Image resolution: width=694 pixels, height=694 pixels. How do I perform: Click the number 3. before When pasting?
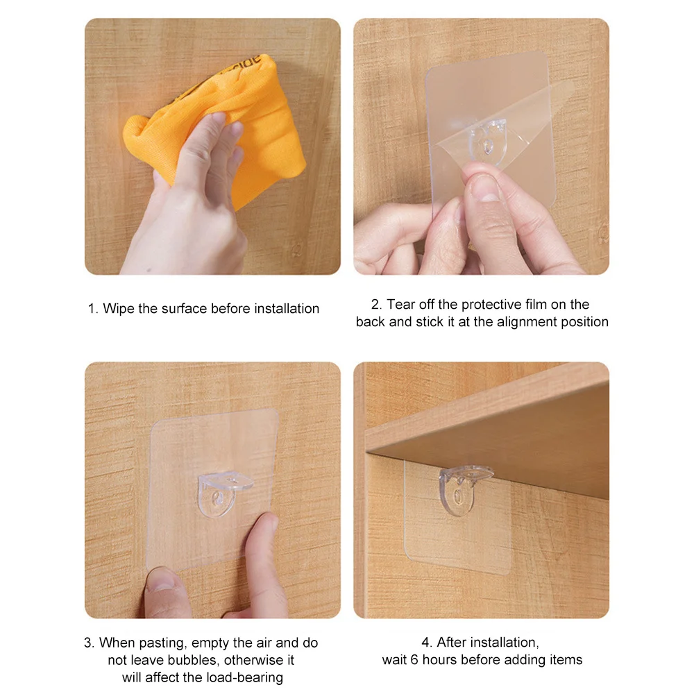tap(90, 643)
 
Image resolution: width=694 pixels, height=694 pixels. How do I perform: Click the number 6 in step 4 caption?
tap(414, 660)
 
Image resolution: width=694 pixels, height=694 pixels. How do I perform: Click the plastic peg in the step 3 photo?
tap(223, 494)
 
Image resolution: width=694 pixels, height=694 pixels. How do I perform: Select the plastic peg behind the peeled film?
tap(488, 141)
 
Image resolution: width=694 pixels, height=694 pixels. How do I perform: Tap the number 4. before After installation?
tap(427, 642)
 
